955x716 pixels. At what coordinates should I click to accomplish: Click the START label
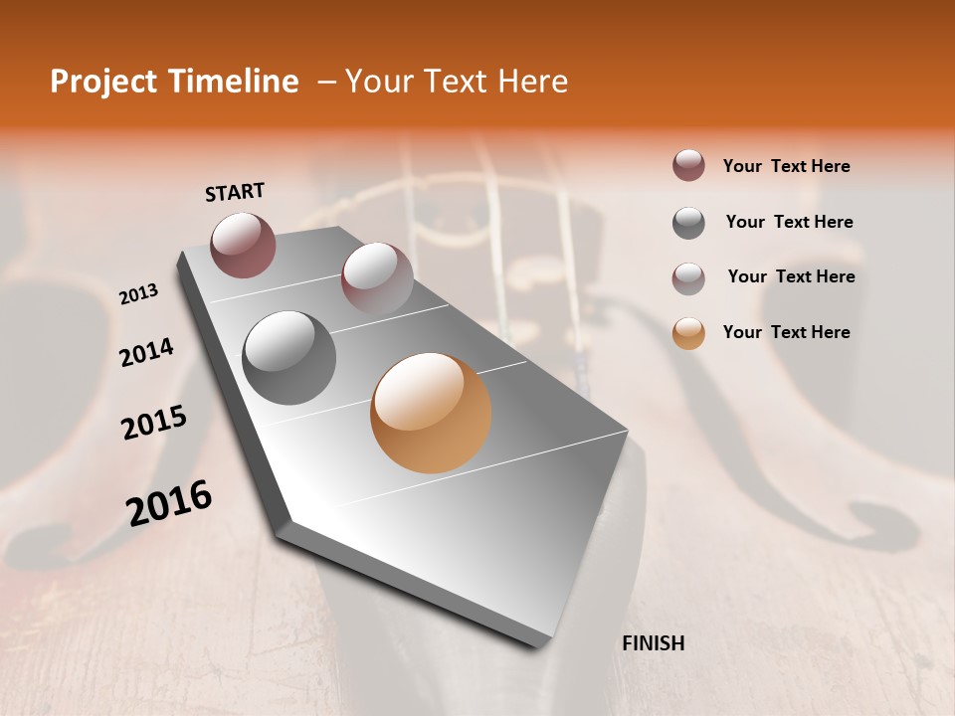pyautogui.click(x=235, y=192)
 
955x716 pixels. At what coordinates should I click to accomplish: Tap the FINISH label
pyautogui.click(x=653, y=643)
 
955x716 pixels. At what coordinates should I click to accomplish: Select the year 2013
pyautogui.click(x=138, y=293)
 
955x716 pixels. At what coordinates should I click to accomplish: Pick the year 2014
pyautogui.click(x=146, y=352)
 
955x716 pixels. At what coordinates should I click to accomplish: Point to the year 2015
pyautogui.click(x=154, y=423)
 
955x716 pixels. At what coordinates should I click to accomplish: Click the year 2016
pyautogui.click(x=169, y=502)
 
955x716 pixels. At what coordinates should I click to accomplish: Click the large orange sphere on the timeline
pyautogui.click(x=431, y=413)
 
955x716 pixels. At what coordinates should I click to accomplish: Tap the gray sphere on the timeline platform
pyautogui.click(x=289, y=357)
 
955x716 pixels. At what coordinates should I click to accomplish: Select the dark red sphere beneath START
pyautogui.click(x=243, y=245)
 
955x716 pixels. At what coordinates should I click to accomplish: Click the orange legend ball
pyautogui.click(x=688, y=333)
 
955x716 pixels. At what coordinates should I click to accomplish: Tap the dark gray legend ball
pyautogui.click(x=688, y=223)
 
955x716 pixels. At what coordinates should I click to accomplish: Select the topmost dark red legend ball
pyautogui.click(x=688, y=165)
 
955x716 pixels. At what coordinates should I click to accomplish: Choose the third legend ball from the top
pyautogui.click(x=688, y=278)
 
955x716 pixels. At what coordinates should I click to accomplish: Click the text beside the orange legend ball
pyautogui.click(x=786, y=332)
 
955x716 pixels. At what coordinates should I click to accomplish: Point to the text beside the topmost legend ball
pyautogui.click(x=786, y=166)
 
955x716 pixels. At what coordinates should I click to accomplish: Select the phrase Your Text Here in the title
pyautogui.click(x=457, y=82)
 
